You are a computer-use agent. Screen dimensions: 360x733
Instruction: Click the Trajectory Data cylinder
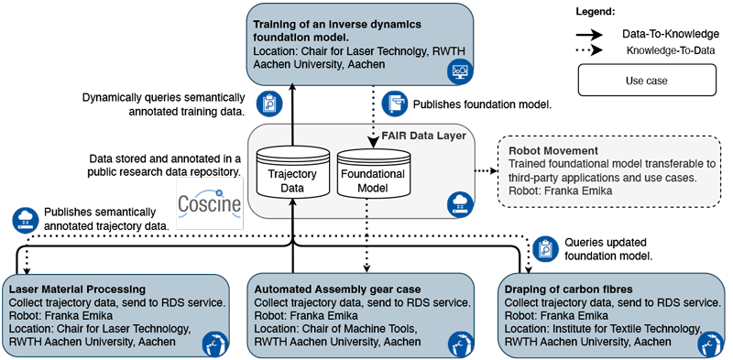pos(290,171)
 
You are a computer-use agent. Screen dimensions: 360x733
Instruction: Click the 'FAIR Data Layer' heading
pos(425,136)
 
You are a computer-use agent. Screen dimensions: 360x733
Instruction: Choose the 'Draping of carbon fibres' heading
pos(568,289)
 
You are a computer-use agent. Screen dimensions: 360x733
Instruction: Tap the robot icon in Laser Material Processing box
pos(214,344)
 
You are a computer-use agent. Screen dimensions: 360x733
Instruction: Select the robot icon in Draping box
pos(709,344)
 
